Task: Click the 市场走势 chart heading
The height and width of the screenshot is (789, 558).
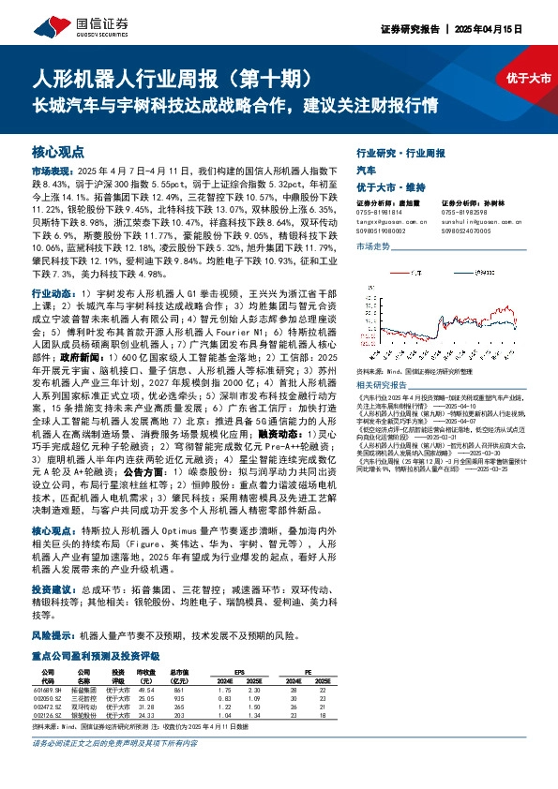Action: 373,246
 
